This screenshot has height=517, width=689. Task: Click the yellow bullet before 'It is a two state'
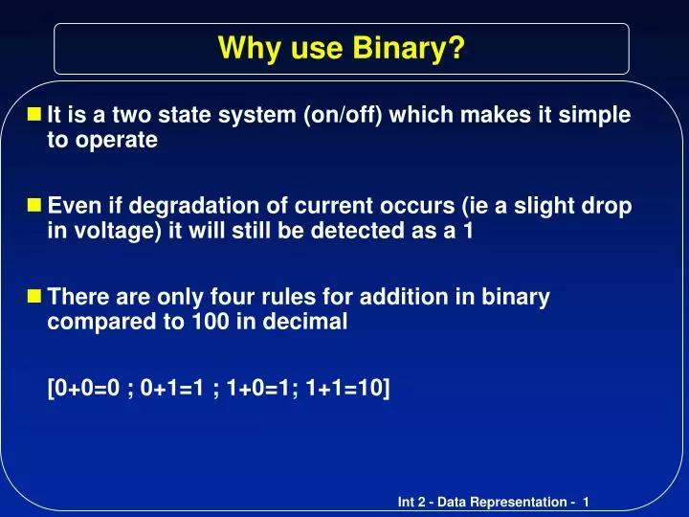(35, 116)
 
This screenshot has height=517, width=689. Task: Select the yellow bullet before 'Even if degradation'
(35, 207)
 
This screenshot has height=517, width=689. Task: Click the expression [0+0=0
(84, 389)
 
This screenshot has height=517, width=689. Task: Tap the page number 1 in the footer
(585, 503)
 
